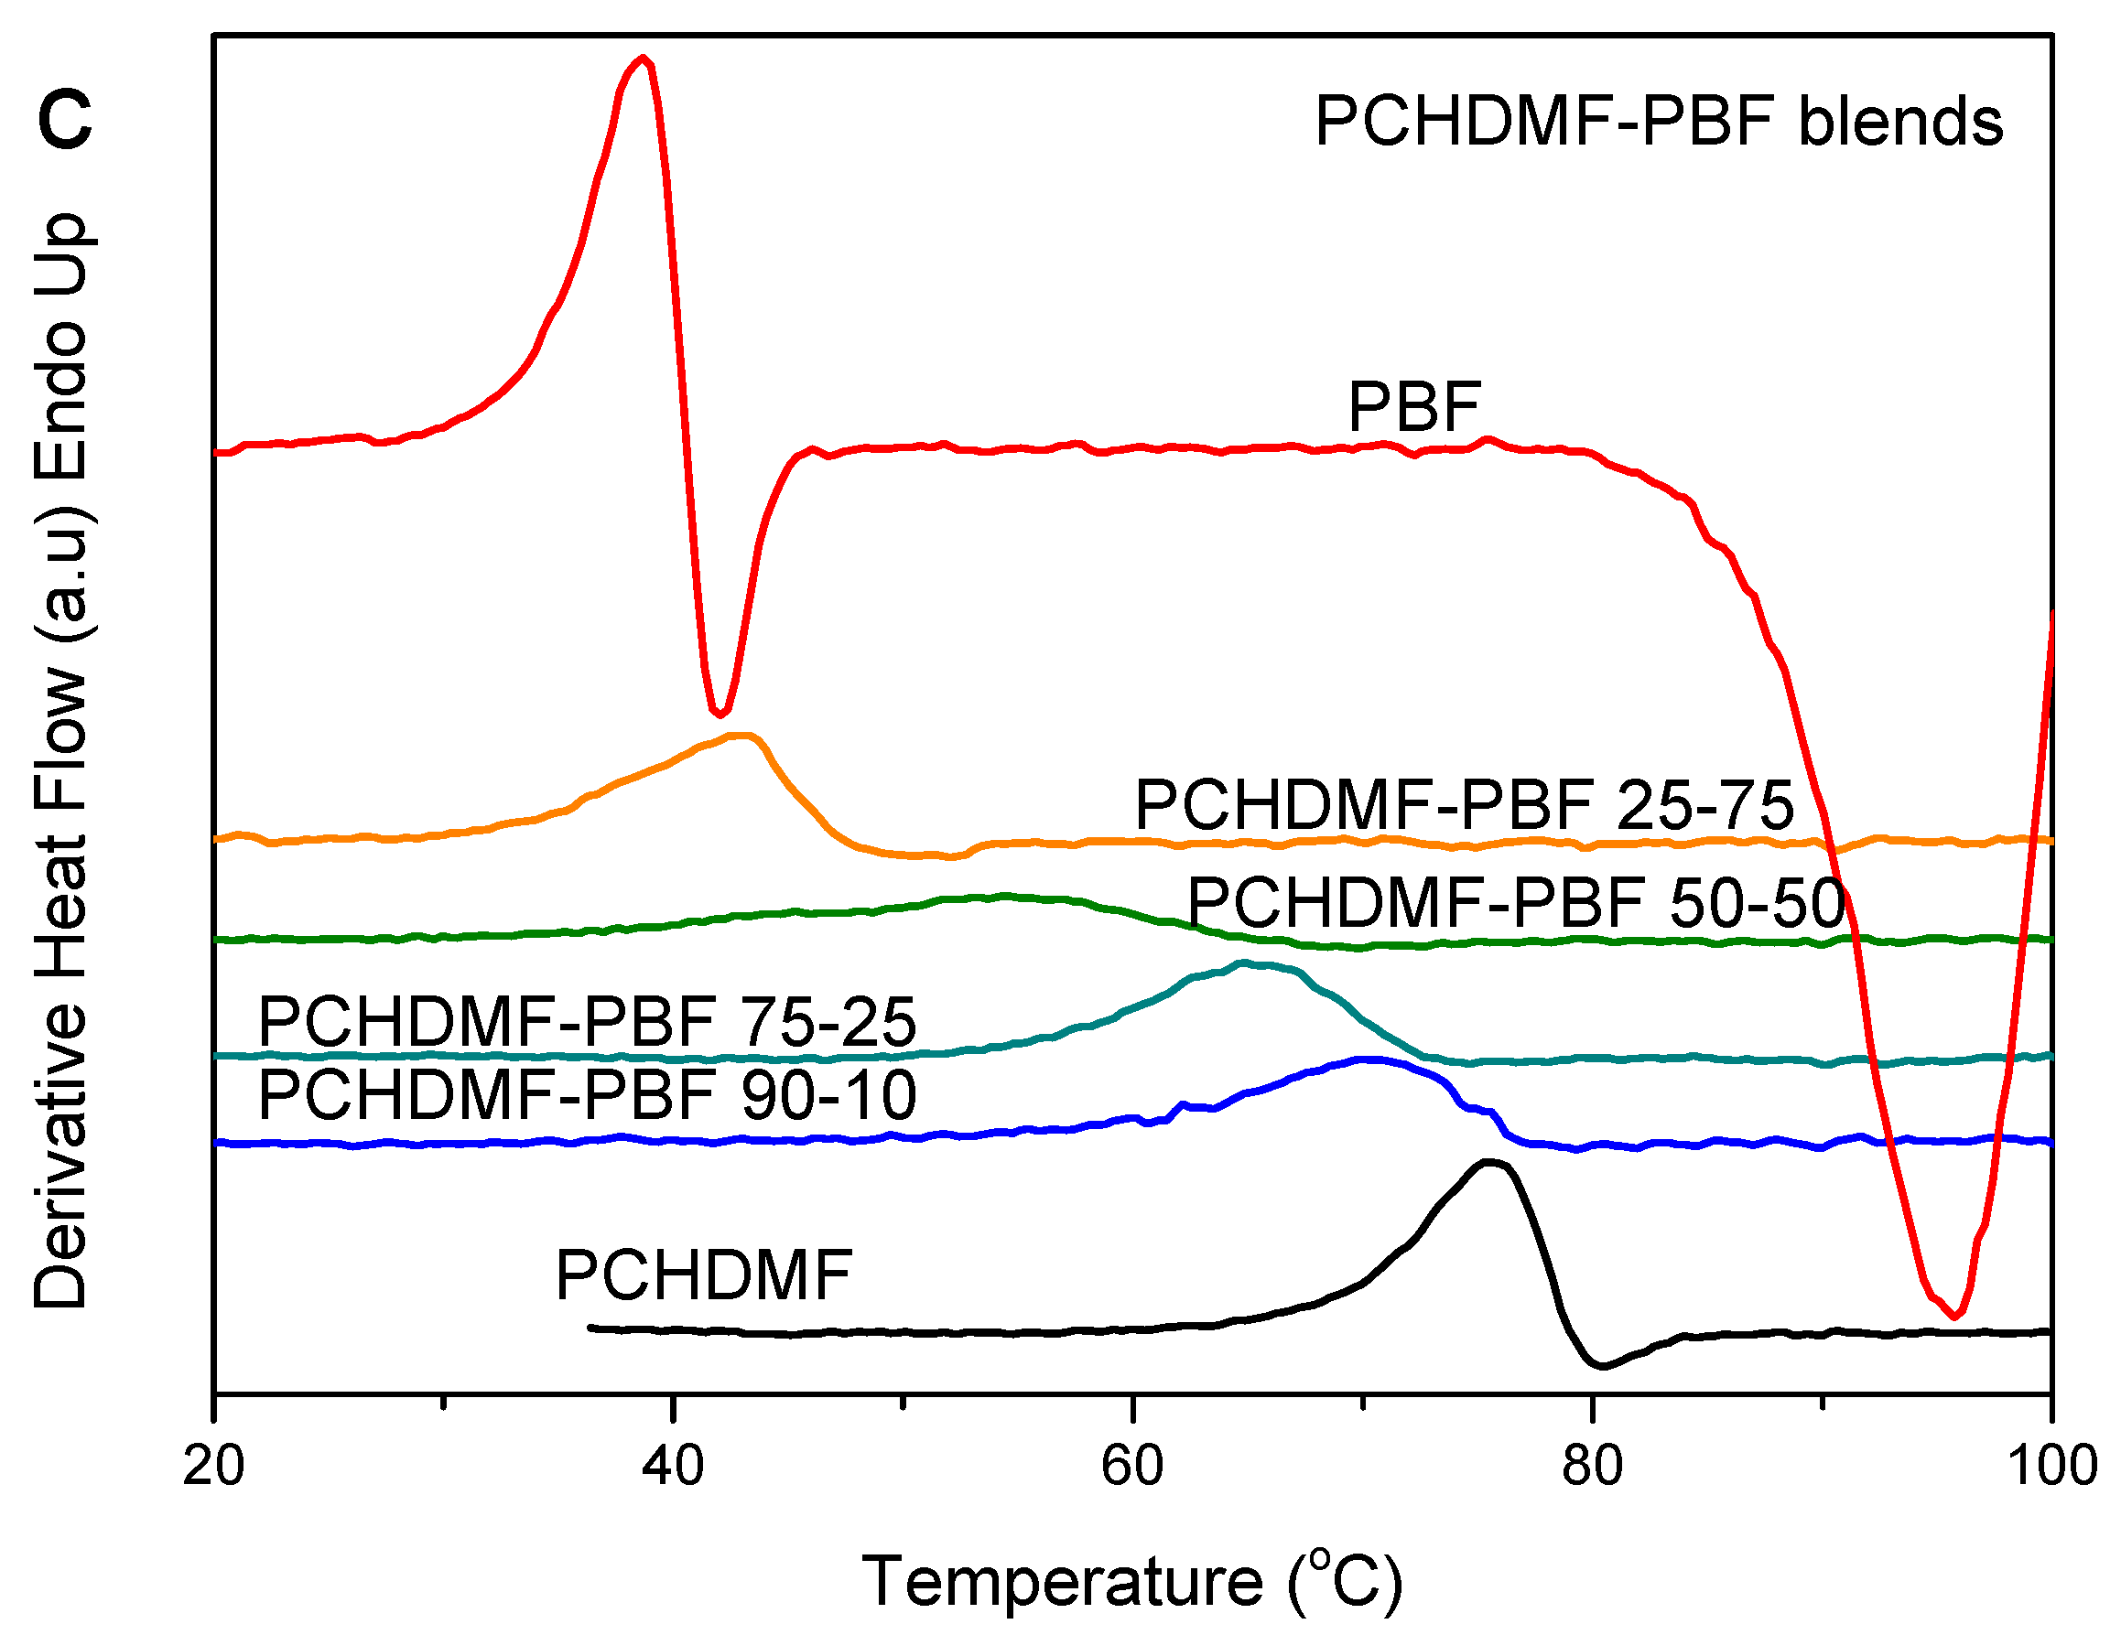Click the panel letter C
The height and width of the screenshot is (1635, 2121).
tap(64, 121)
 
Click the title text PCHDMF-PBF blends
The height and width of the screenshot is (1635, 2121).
tap(1658, 122)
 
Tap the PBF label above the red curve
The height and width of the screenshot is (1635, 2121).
tap(1413, 407)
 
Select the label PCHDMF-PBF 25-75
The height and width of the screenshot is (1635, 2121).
tap(1464, 805)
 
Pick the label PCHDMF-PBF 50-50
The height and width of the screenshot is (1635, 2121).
tap(1515, 903)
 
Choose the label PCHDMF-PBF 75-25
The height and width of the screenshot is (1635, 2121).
tap(587, 1021)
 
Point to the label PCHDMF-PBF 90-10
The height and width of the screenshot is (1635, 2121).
tap(587, 1095)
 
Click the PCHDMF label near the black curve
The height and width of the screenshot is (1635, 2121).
tap(703, 1275)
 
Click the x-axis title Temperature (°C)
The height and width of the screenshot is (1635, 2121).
tap(1131, 1582)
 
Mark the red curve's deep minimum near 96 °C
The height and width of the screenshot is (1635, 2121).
tap(1956, 1316)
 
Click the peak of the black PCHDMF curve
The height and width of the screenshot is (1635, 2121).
tap(1487, 1161)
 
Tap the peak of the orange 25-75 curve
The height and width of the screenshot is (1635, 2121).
tap(743, 736)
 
